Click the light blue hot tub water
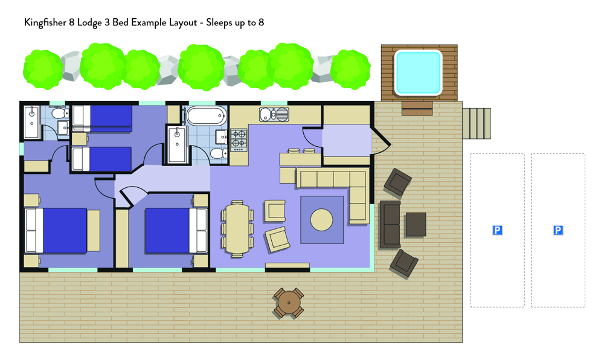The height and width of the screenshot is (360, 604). pos(418,72)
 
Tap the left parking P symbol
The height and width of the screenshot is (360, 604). pos(497,230)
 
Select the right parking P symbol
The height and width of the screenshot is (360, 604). pos(557,230)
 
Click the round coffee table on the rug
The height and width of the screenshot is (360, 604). pos(322,220)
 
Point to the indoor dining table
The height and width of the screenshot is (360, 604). pos(237,228)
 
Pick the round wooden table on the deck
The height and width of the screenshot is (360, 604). pos(289,303)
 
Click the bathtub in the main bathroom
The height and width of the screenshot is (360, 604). pos(207,116)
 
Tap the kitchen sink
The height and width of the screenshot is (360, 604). pos(274,114)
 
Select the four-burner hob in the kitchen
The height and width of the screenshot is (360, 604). pos(239,140)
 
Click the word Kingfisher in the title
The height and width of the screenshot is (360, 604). pos(45,22)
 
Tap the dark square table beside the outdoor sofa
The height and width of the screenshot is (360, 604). pos(416,225)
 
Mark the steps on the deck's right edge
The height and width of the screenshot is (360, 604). pos(477,123)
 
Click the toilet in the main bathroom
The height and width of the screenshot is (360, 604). pos(219,153)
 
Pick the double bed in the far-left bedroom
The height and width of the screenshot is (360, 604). pos(56,231)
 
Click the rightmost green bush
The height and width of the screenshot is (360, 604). pos(350,69)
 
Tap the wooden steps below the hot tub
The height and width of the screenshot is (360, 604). pos(417,108)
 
